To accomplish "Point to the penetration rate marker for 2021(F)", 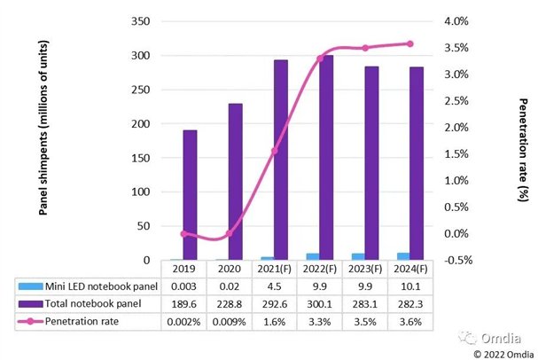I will coord(275,151).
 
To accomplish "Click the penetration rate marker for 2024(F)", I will coord(409,43).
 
